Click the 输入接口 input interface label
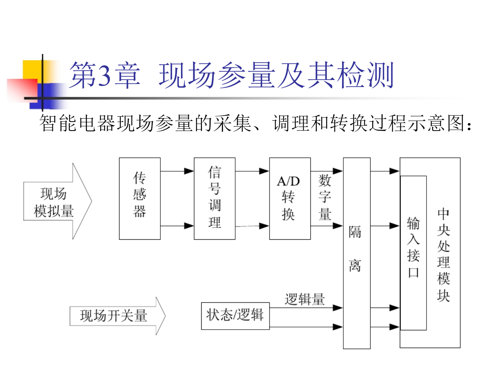click(x=413, y=247)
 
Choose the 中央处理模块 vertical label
click(x=443, y=255)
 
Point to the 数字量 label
click(x=325, y=197)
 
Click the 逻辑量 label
click(x=305, y=299)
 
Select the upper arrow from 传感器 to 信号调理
click(x=177, y=171)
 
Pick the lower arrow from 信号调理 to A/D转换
click(x=252, y=226)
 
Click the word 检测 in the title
click(x=365, y=75)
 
